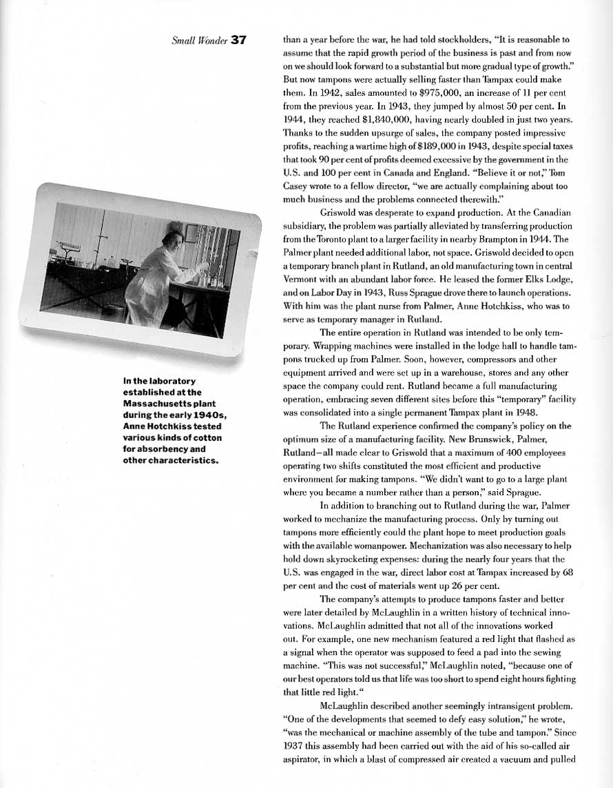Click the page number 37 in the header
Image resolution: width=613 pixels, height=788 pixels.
click(238, 40)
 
